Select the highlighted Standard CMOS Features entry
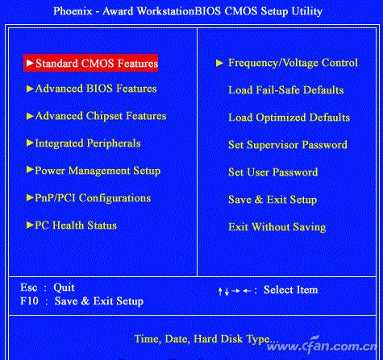[91, 62]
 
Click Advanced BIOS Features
[96, 89]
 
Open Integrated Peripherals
[88, 143]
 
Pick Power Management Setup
[98, 171]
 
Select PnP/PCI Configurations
[93, 198]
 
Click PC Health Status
[76, 226]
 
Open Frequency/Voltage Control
[292, 62]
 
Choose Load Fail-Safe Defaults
[285, 90]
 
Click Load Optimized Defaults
[289, 118]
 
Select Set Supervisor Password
[288, 145]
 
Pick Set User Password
[273, 172]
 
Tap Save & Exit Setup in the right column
[273, 200]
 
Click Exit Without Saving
[277, 227]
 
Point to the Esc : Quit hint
[48, 288]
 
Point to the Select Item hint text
[290, 290]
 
